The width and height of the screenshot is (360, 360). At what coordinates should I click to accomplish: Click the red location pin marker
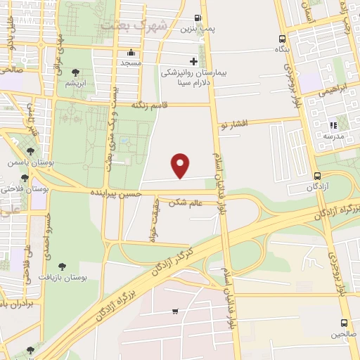181,165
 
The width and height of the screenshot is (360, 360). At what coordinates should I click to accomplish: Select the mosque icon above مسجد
130,53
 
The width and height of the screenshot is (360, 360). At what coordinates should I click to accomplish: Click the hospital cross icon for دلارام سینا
193,62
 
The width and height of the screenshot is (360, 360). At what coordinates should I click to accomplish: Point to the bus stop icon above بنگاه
282,39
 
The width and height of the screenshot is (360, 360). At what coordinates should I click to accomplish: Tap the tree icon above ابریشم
75,72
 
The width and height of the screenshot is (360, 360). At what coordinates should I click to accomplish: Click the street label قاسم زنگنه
150,105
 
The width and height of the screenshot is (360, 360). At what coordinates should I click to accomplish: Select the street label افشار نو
234,124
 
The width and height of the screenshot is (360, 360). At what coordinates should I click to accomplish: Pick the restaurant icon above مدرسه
333,126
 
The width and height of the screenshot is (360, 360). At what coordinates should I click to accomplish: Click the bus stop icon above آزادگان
318,176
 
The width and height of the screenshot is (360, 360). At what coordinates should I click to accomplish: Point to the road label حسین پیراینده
116,192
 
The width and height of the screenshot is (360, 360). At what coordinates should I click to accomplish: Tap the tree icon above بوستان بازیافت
62,266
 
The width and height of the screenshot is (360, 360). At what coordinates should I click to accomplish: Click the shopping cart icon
174,311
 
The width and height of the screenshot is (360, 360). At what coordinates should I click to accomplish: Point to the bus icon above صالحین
344,323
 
